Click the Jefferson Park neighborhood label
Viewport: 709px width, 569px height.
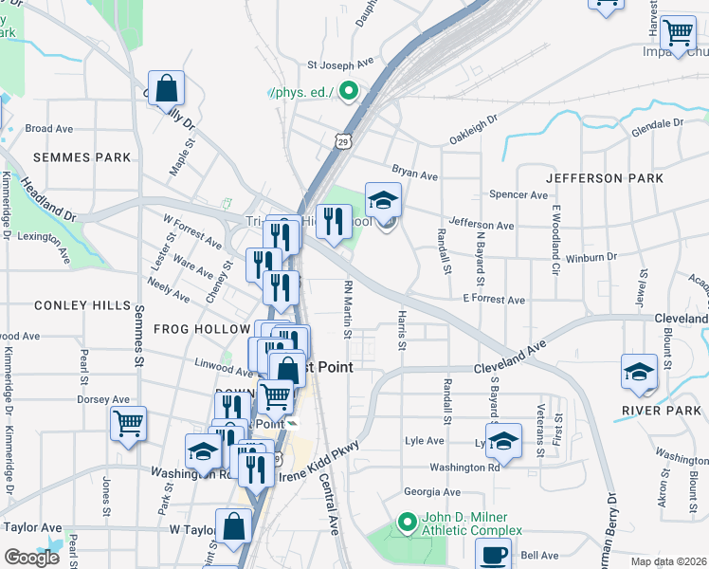point(597,178)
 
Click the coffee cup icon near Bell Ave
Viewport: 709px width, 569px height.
point(493,555)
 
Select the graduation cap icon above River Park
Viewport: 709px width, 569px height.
point(640,371)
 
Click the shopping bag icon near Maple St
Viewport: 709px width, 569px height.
point(166,89)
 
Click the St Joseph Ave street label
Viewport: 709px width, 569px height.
point(340,66)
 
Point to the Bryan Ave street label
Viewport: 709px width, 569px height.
point(415,175)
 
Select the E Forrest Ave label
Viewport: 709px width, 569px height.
point(494,300)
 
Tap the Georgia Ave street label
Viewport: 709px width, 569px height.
point(431,492)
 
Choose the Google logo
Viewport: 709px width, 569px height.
point(31,558)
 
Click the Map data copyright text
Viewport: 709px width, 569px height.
point(669,561)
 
